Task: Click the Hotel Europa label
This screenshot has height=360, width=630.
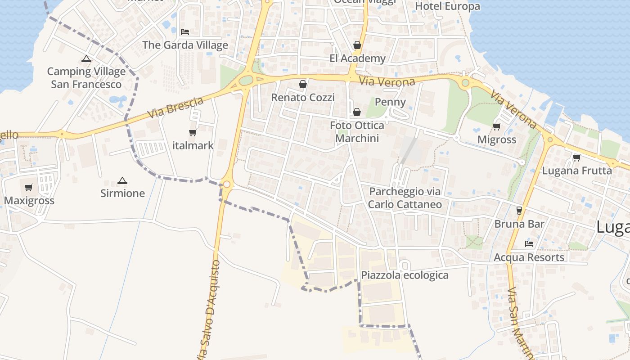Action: pos(447,6)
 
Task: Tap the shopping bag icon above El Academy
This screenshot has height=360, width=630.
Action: pos(357,45)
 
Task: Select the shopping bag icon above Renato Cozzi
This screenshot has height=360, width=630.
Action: pos(303,84)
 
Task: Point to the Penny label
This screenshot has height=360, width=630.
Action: pos(390,102)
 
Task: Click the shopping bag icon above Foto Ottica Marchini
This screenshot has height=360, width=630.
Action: pos(357,112)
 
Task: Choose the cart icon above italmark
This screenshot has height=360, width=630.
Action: pos(193,132)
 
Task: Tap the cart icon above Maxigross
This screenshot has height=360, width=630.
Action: pos(29,187)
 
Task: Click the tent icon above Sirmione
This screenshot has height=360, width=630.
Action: pos(122,181)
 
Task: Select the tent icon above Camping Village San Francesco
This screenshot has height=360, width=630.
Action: pos(86,58)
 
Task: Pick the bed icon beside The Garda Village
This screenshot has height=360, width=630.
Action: pos(184,32)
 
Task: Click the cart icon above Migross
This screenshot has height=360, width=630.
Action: pos(497,126)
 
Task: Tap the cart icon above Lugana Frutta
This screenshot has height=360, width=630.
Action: pos(577,157)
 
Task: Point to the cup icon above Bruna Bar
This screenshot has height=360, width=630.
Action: pos(519,210)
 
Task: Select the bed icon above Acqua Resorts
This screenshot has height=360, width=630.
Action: pos(529,244)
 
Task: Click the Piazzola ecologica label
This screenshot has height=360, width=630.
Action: pos(405,275)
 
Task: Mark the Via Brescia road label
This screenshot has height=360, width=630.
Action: pos(175,108)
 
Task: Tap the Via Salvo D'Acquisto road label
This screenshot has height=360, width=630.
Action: pos(211,310)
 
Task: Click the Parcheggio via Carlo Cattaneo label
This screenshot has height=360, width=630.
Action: pos(405,198)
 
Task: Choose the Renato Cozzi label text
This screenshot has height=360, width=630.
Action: pos(303,98)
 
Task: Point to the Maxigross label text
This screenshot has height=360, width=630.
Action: pos(29,201)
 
